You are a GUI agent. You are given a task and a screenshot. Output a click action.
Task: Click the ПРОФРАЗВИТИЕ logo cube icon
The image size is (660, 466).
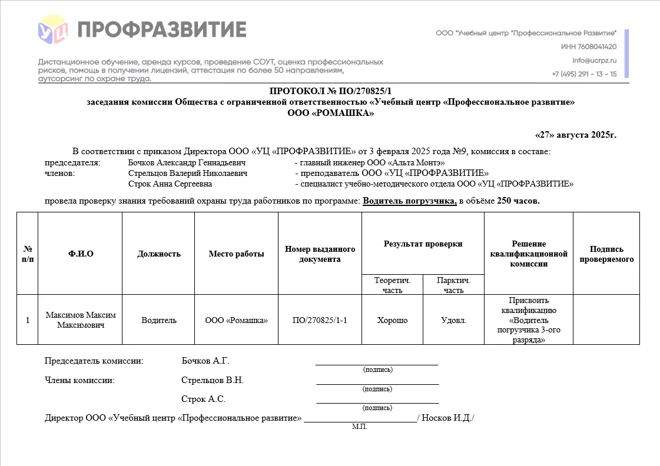coord(53,29)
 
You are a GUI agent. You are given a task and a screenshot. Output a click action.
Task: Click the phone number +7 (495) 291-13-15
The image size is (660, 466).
coord(584,74)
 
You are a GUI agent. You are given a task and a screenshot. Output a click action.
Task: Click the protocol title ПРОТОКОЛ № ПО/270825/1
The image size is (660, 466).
coord(330,91)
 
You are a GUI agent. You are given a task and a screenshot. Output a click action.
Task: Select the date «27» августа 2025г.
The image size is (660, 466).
coord(575,135)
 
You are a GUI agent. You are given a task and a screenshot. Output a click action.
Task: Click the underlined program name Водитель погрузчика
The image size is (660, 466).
coord(410,201)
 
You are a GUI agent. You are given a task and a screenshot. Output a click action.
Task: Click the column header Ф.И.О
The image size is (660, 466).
coord(81,254)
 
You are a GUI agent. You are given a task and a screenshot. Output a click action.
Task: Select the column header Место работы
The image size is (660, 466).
coord(236,254)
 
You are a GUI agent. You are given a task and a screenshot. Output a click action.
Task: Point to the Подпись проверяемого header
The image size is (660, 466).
coord(606,254)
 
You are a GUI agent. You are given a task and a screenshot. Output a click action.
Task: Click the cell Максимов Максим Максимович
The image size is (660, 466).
coord(81,320)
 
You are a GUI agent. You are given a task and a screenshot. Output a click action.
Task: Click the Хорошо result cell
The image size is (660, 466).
coord(392,321)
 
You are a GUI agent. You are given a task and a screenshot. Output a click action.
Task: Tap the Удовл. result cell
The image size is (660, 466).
coord(453,321)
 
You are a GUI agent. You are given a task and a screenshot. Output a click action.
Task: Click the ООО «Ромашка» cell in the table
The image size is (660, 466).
coord(236,321)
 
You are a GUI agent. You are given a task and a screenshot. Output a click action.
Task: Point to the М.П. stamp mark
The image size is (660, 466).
coord(360,427)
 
